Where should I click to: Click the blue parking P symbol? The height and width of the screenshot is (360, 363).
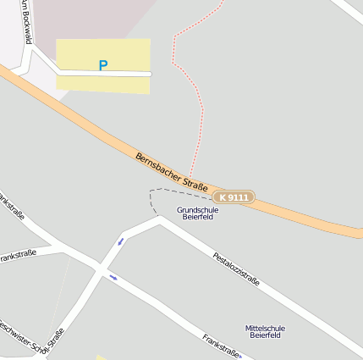coord(103,64)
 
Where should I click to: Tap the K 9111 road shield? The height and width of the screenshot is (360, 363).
coord(233,197)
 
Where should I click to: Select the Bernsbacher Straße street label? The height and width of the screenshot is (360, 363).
coord(172,170)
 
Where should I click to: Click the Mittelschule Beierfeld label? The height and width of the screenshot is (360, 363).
coord(265,331)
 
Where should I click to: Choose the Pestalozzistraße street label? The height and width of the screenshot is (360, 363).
coord(236,267)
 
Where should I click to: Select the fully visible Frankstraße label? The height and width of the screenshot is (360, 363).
coord(222,347)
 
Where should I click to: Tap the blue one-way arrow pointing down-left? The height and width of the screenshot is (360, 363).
coord(120,241)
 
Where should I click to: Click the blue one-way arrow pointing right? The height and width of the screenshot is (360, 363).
coord(113,276)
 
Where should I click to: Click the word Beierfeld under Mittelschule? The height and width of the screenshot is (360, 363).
coord(265,335)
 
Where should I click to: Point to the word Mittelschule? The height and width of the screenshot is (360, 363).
coord(265,328)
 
